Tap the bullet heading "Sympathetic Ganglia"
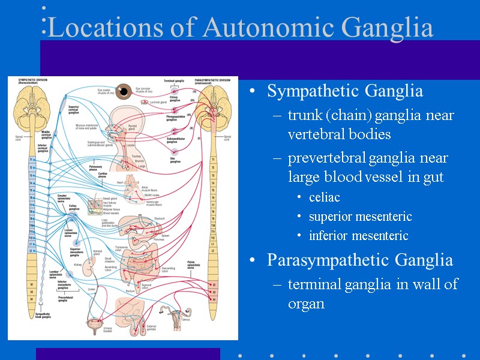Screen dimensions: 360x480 (x=344, y=91)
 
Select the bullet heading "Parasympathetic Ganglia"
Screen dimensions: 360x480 (x=359, y=260)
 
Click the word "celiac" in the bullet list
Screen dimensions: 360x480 (x=325, y=197)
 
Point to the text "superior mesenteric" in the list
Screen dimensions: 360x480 (x=360, y=216)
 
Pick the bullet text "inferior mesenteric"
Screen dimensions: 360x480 (x=358, y=235)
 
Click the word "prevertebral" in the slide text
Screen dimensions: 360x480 (x=327, y=158)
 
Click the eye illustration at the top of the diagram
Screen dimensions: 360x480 (x=124, y=91)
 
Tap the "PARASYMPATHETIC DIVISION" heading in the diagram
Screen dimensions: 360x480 (x=212, y=80)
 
